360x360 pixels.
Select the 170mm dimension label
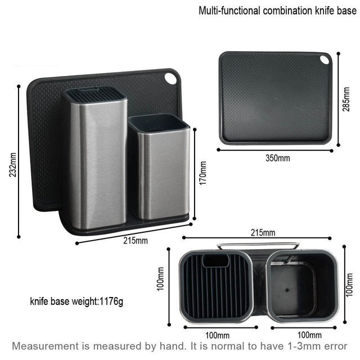coord(203,173)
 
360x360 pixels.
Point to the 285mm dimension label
coord(347,100)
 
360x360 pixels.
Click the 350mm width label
coord(277,158)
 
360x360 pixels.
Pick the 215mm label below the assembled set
coord(136,240)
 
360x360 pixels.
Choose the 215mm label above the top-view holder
coord(263,232)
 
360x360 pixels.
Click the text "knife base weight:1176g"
coord(76,301)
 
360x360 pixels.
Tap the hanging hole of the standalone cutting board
coord(325,60)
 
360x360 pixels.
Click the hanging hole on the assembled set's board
coord(170,79)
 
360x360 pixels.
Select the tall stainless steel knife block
coord(94,163)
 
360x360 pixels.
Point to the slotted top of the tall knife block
coord(94,94)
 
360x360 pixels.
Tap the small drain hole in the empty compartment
coord(286,291)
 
